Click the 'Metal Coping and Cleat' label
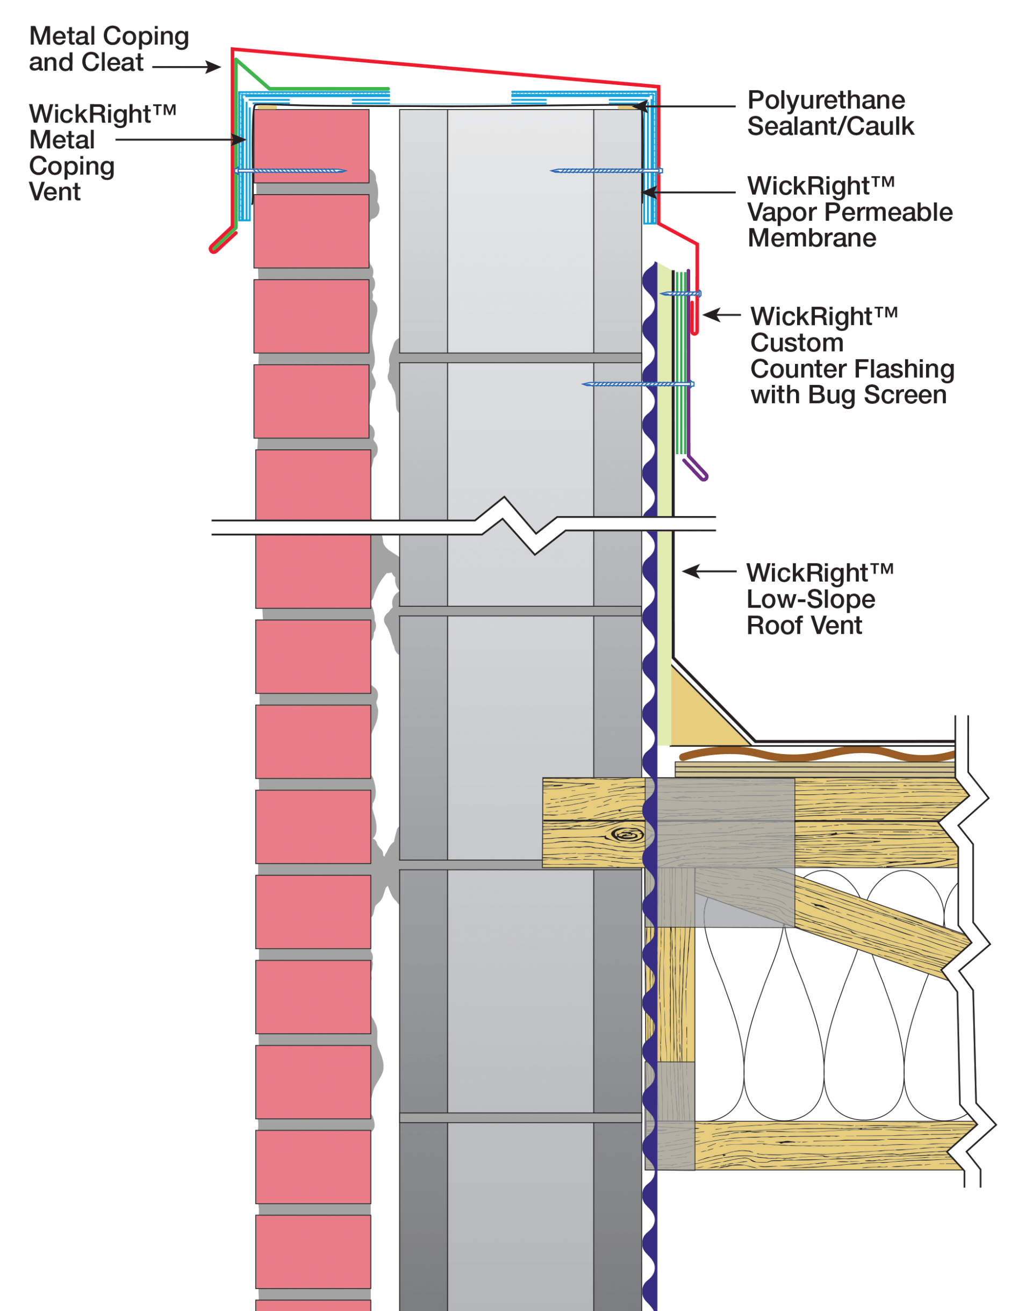[109, 49]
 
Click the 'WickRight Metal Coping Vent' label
[73, 152]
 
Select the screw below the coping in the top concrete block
[604, 171]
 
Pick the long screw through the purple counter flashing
[637, 384]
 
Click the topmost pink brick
[311, 146]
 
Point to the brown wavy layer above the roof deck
[816, 754]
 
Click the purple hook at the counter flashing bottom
[696, 469]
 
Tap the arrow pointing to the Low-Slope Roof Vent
[692, 571]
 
